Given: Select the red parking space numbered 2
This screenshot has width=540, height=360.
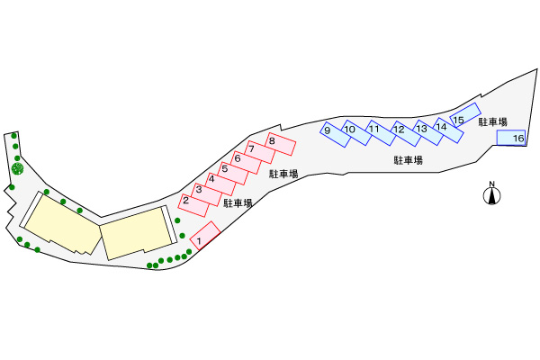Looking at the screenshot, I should [193, 202].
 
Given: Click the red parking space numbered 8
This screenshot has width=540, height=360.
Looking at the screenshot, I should [281, 143].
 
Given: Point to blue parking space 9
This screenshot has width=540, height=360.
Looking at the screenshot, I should [335, 134].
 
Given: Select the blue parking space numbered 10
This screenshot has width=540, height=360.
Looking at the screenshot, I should [357, 133].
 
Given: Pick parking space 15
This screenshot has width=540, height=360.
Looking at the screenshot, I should [463, 117].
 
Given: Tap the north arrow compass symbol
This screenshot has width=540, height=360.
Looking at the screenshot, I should [492, 193].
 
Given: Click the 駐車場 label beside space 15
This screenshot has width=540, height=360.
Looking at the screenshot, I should [492, 121].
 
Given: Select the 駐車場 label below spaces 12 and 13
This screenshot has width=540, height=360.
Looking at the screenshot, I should [408, 160].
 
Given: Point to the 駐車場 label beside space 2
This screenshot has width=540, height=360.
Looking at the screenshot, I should [238, 203].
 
